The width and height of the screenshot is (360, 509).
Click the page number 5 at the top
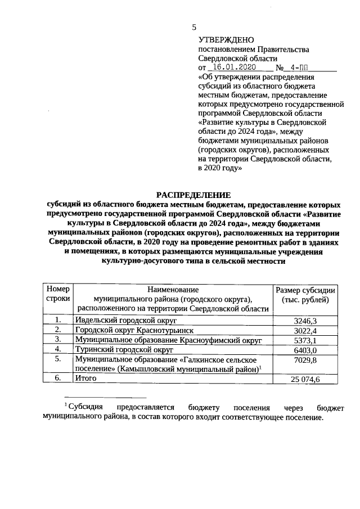pyautogui.click(x=195, y=27)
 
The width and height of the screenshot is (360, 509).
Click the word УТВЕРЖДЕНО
pyautogui.click(x=226, y=40)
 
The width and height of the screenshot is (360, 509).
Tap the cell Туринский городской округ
pyautogui.click(x=119, y=349)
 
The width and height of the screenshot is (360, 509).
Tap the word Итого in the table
pyautogui.click(x=86, y=379)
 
